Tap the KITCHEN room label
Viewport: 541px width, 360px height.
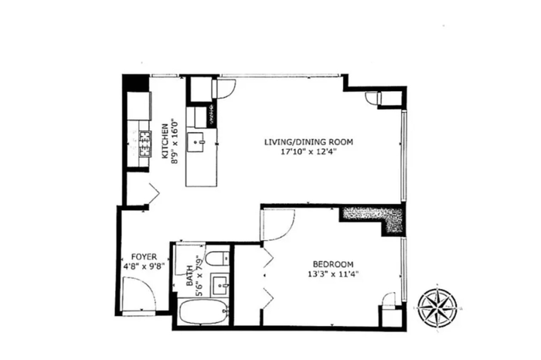coord(165,141)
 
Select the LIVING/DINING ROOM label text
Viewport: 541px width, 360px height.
coord(309,141)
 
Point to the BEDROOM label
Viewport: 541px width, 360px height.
coord(333,264)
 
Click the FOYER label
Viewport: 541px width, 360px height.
coord(144,257)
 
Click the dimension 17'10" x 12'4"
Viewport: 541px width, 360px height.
coord(308,151)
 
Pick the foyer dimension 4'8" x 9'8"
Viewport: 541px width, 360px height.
coord(144,267)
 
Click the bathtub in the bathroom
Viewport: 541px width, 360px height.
coord(203,312)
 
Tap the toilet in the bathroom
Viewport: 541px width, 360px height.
coord(217,259)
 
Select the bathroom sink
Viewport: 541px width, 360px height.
coord(219,285)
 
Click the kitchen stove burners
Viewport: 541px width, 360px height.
coord(145,144)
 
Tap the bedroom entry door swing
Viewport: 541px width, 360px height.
coord(278,225)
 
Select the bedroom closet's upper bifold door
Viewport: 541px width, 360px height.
coord(268,257)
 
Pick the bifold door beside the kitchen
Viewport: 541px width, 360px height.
coord(154,195)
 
